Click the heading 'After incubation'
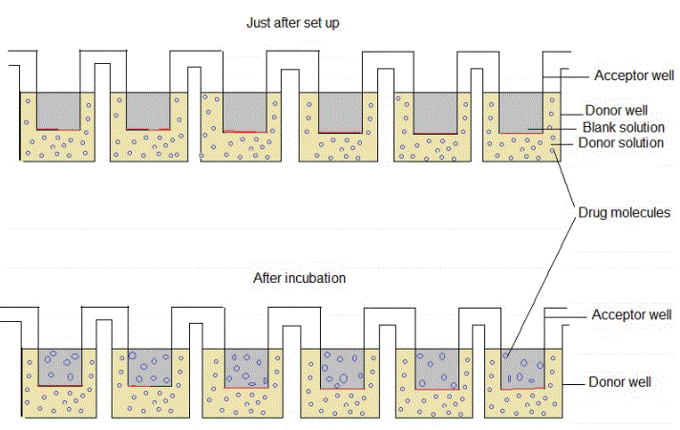pos(299,279)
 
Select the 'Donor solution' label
pos(622,143)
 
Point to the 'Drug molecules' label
pos(625,213)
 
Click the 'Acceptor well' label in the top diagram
pos(632,75)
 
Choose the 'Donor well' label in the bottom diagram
pos(620,382)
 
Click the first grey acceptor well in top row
pos(58,110)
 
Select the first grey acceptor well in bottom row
pos(58,366)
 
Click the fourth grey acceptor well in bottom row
pos(339,366)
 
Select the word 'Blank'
pos(600,127)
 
